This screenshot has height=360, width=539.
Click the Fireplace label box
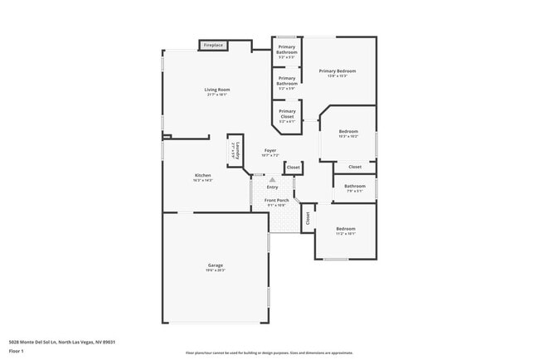pyautogui.click(x=213, y=45)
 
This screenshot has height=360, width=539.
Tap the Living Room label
pyautogui.click(x=217, y=90)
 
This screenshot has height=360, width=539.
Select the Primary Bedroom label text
pyautogui.click(x=343, y=71)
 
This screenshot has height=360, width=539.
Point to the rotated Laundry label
pyautogui.click(x=234, y=153)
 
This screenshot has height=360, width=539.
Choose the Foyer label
pyautogui.click(x=270, y=150)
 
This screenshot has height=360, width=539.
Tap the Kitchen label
pyautogui.click(x=203, y=175)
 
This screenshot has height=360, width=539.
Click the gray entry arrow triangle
pyautogui.click(x=272, y=178)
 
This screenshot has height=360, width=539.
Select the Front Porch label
pyautogui.click(x=276, y=201)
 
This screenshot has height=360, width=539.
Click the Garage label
pyautogui.click(x=215, y=265)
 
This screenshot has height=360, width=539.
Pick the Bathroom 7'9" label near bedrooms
pyautogui.click(x=355, y=187)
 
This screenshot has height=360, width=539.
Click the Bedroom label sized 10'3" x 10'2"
pyautogui.click(x=348, y=132)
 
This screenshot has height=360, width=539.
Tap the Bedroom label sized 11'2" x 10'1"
pyautogui.click(x=346, y=228)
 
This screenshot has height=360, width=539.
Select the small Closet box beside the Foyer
pyautogui.click(x=293, y=168)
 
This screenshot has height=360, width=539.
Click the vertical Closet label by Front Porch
pyautogui.click(x=308, y=218)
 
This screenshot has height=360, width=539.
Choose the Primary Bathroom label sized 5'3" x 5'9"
pyautogui.click(x=287, y=82)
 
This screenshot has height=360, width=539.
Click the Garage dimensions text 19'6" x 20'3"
pyautogui.click(x=215, y=270)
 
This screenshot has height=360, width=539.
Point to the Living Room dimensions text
pyautogui.click(x=217, y=95)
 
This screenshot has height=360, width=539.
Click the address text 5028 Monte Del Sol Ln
pyautogui.click(x=61, y=342)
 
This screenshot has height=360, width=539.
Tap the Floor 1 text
pyautogui.click(x=17, y=351)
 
